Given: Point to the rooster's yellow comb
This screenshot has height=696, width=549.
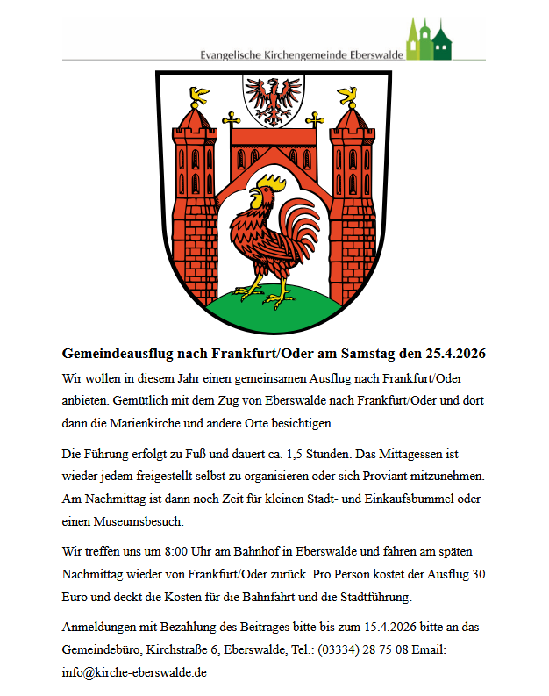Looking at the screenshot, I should click(268, 183).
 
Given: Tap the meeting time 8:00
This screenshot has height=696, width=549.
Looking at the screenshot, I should click(154, 553).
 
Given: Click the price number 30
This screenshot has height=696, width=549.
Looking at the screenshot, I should click(479, 575).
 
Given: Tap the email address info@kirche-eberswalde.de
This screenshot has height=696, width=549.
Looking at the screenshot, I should click(134, 672).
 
